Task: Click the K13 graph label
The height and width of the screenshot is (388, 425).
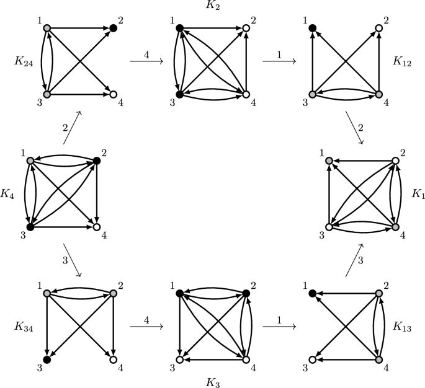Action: pos(402,326)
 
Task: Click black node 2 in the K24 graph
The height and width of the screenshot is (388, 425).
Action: pos(113,28)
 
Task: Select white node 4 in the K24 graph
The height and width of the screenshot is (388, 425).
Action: pos(113,95)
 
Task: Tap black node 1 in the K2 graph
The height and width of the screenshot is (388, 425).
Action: pos(179,28)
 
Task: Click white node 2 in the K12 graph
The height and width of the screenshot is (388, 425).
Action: pos(378,28)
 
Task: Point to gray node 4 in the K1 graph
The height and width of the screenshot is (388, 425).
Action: pos(395,227)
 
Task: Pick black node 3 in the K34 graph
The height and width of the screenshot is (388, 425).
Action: pos(47,359)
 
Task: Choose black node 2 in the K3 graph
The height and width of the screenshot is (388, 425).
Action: pos(246,293)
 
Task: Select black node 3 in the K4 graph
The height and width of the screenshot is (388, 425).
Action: pos(29,227)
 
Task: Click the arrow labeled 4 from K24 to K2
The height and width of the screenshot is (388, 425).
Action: pos(146,61)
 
